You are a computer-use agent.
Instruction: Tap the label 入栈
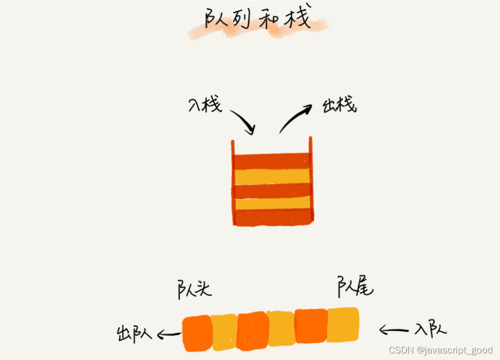tap(205, 105)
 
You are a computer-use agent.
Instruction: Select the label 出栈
tap(339, 105)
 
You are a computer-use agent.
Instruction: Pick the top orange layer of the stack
tap(272, 161)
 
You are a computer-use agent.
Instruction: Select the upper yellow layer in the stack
tap(272, 176)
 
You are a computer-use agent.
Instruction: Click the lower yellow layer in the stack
tap(272, 203)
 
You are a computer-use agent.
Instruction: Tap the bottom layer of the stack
tap(272, 217)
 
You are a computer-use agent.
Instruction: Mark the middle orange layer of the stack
tap(272, 191)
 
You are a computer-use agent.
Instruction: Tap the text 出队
tap(134, 333)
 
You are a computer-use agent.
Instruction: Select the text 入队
tap(430, 329)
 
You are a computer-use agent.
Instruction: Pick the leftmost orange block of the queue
tap(197, 333)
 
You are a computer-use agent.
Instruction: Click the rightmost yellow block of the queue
tap(343, 324)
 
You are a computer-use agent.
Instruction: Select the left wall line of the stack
tap(233, 183)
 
